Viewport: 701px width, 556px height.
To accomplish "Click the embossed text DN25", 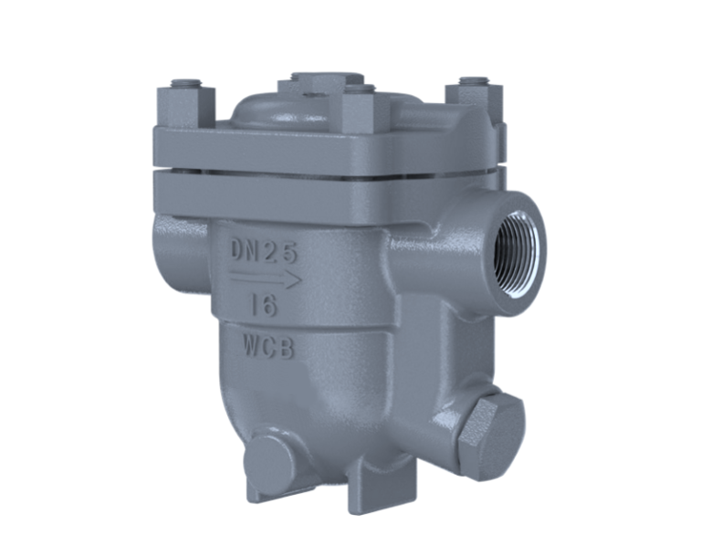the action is click(264, 251).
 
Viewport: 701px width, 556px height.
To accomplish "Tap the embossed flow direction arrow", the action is click(265, 278).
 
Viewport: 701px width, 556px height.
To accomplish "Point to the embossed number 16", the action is click(264, 306).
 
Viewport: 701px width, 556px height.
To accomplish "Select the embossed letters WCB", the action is click(268, 347).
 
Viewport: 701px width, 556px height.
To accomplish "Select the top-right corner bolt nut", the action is click(475, 100).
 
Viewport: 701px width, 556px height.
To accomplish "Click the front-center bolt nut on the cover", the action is click(363, 110).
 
